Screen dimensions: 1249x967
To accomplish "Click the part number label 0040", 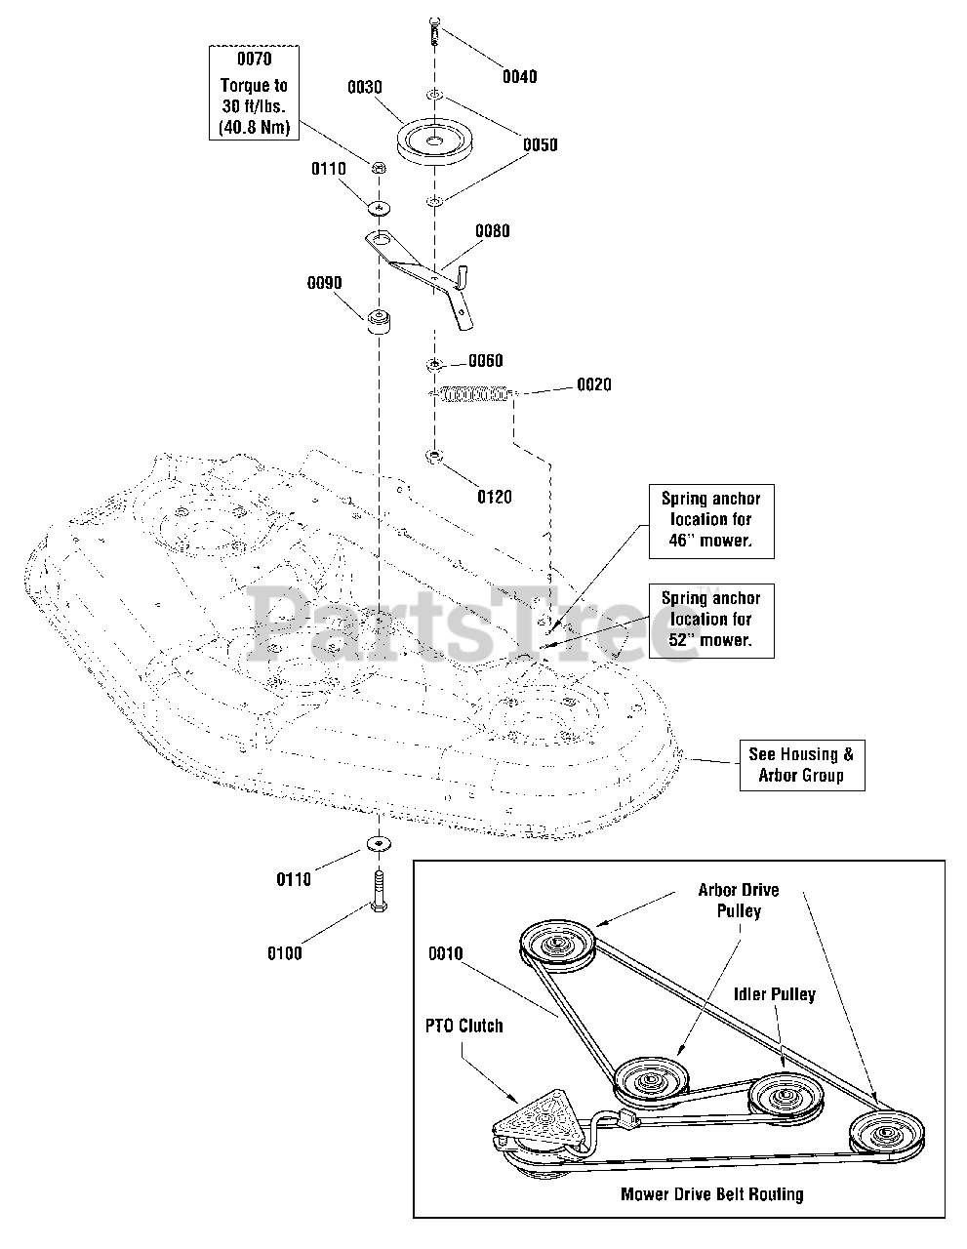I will pyautogui.click(x=519, y=76).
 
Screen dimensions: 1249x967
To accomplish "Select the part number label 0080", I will pyautogui.click(x=492, y=231).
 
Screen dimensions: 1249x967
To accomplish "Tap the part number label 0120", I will pyautogui.click(x=494, y=497).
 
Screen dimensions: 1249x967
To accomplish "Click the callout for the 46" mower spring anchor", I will pyautogui.click(x=711, y=520).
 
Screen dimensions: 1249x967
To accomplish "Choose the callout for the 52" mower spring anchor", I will pyautogui.click(x=711, y=619).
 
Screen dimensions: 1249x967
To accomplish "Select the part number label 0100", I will pyautogui.click(x=285, y=953).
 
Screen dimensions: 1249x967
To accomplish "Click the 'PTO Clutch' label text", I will pyautogui.click(x=463, y=1026).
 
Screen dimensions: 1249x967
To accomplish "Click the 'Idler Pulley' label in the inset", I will pyautogui.click(x=774, y=994).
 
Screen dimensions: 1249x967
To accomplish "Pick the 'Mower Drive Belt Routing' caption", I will pyautogui.click(x=711, y=1193).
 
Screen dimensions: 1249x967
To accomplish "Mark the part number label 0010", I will pyautogui.click(x=446, y=953).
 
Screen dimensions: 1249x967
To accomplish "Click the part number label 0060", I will pyautogui.click(x=485, y=360).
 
